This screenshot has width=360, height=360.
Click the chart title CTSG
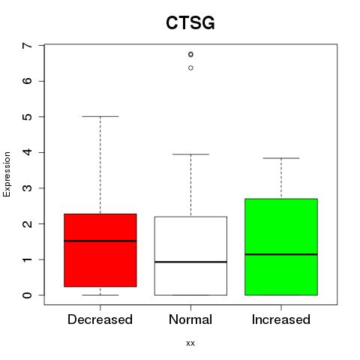(x=190, y=22)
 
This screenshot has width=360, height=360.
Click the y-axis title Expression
(x=7, y=174)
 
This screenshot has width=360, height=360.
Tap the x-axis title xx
(x=190, y=343)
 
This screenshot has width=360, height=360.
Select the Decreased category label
(x=100, y=319)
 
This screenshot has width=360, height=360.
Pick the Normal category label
(x=190, y=319)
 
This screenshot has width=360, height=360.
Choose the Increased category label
(x=281, y=319)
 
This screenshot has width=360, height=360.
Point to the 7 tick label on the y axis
(x=28, y=45)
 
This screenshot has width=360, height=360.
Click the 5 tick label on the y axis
(x=28, y=117)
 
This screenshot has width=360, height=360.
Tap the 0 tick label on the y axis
(x=28, y=295)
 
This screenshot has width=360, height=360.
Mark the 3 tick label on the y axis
(x=28, y=188)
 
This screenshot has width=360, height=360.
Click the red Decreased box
(x=100, y=250)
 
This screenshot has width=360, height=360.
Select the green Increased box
(x=281, y=247)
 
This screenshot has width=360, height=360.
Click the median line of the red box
(x=100, y=241)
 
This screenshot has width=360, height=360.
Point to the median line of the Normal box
(x=190, y=262)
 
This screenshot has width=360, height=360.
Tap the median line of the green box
(x=281, y=254)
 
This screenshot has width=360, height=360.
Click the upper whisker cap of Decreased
(x=100, y=116)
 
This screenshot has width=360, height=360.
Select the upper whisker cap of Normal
(x=190, y=154)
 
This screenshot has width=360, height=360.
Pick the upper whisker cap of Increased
(x=281, y=158)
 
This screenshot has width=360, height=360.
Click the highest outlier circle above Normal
(x=190, y=54)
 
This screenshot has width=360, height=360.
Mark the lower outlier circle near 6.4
(x=190, y=67)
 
